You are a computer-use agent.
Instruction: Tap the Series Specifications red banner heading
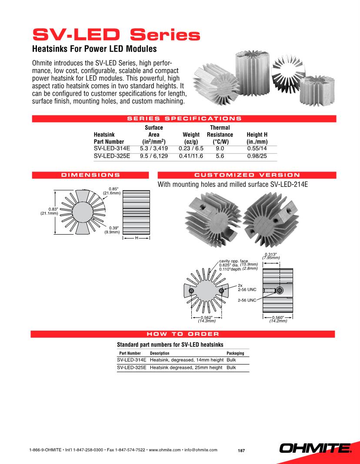click(184, 118)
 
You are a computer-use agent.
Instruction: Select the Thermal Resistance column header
click(220, 135)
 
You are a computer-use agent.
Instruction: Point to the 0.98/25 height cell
click(257, 156)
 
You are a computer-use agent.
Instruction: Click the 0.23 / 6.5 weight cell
click(191, 148)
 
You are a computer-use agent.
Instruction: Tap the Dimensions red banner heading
click(91, 175)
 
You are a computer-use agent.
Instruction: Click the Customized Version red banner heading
click(247, 175)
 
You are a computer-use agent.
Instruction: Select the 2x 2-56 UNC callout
click(246, 287)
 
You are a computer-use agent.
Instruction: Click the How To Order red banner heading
click(183, 334)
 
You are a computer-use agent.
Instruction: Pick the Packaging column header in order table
click(235, 353)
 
